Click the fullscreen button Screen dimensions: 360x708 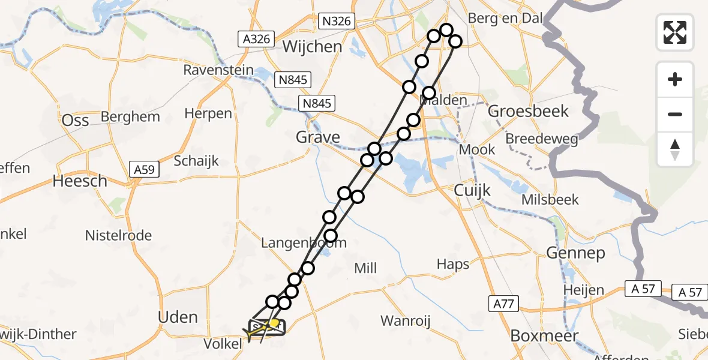coord(675,32)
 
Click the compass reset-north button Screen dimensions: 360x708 coord(675,149)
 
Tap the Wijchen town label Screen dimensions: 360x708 coord(312,46)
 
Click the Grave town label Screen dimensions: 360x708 coord(318,137)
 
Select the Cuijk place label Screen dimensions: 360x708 coord(472,191)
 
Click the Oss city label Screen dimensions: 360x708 coord(76,120)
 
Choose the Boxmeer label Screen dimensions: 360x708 coord(545,335)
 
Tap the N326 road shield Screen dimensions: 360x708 coord(336,21)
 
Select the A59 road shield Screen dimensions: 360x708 coord(145,170)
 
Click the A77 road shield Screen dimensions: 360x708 coord(502,304)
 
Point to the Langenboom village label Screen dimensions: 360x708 coord(304,243)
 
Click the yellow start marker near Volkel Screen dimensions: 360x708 coord(274,323)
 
